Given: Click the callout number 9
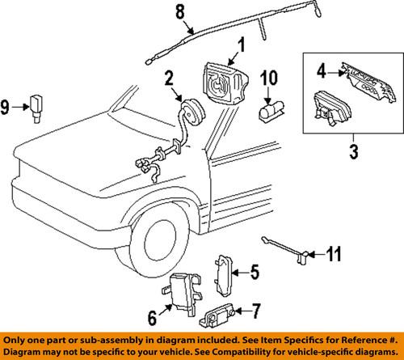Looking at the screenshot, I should tap(6, 104).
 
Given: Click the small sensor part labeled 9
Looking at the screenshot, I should tap(36, 104).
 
